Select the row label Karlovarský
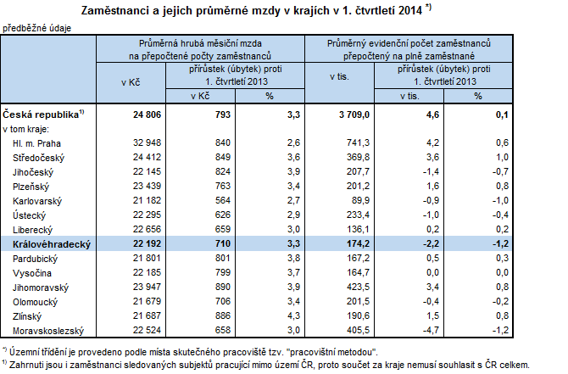40,200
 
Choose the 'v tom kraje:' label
26,129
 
